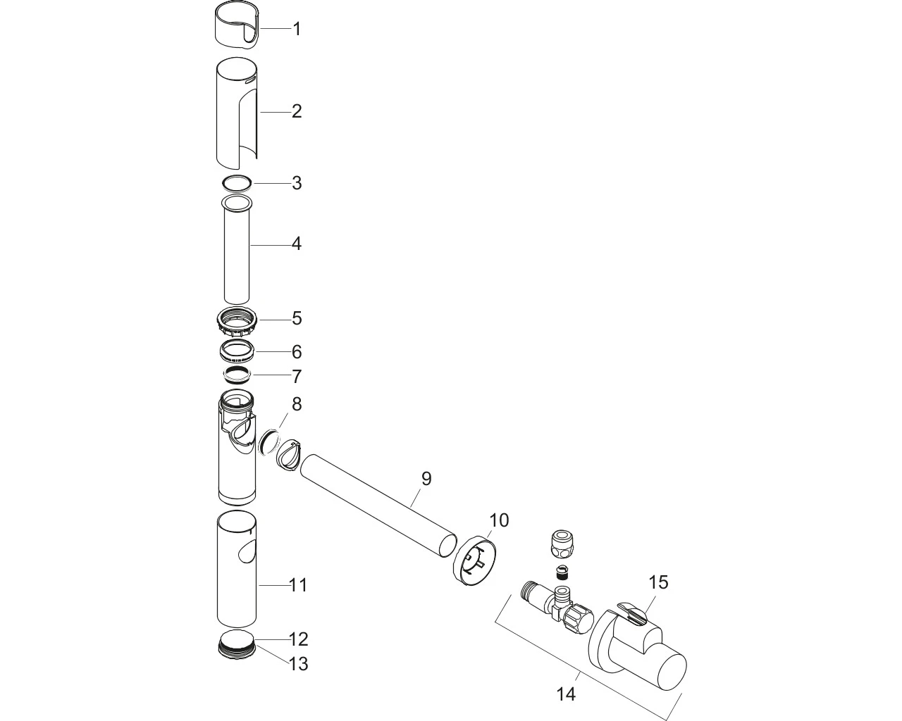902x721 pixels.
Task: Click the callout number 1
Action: tap(297, 30)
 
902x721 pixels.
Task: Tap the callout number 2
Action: tap(297, 111)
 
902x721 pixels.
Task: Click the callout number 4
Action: tap(297, 244)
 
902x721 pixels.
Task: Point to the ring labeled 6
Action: tap(237, 354)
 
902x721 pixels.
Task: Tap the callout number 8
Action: tap(297, 404)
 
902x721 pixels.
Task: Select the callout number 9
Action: tap(426, 478)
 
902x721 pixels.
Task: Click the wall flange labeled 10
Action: tap(474, 559)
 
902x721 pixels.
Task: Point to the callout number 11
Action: tap(299, 585)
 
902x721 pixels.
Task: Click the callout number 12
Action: tap(299, 639)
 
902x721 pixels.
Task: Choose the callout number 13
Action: tap(299, 664)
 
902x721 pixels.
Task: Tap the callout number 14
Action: tap(567, 694)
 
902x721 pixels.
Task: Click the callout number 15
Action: tap(658, 582)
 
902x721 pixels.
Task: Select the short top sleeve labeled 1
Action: tap(237, 25)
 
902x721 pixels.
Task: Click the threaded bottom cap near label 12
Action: tap(238, 645)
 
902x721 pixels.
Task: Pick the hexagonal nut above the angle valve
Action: tap(562, 545)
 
